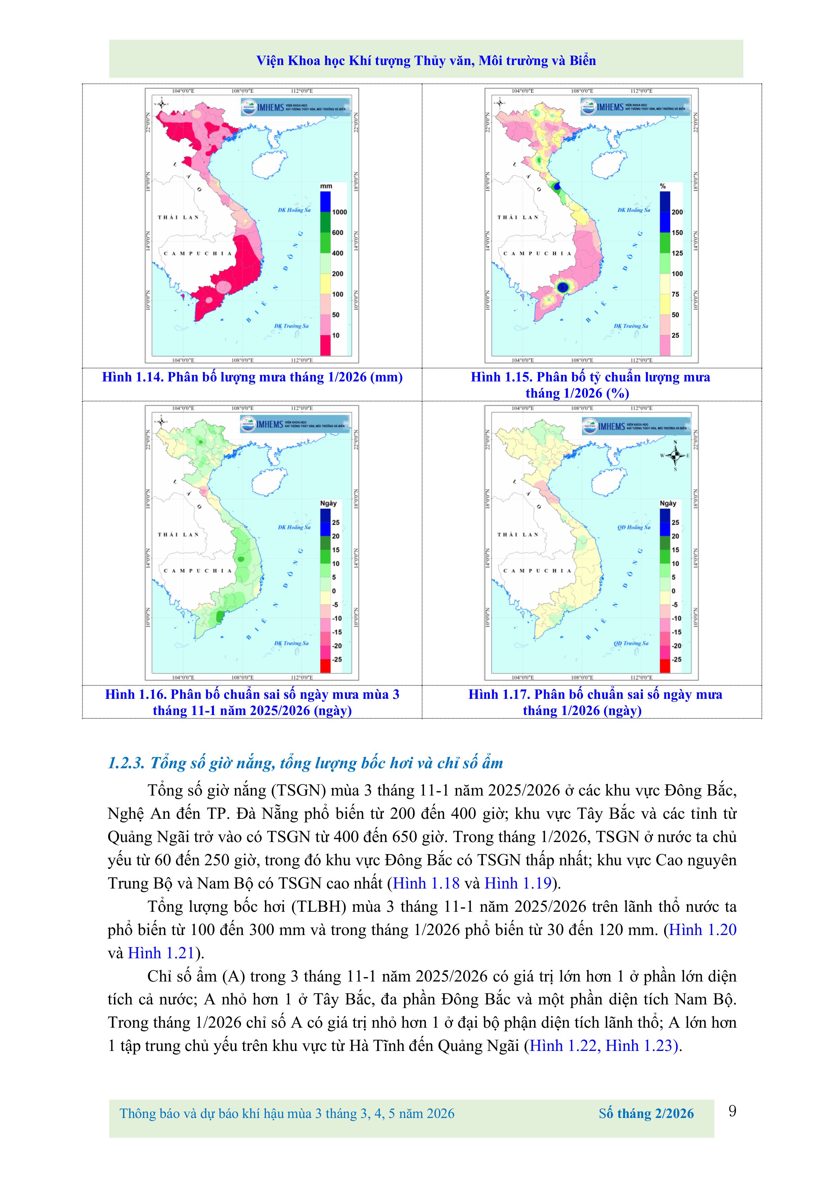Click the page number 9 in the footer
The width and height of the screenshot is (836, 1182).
point(732,1112)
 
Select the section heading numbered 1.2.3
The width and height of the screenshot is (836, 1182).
point(305,763)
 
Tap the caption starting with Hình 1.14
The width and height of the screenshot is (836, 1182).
point(252,377)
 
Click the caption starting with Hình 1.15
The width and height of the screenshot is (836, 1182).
point(590,384)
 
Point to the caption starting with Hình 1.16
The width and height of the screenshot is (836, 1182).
point(252,702)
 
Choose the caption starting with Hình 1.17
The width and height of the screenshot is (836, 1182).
point(595,702)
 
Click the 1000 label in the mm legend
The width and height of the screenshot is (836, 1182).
point(339,212)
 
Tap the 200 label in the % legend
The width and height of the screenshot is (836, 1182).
point(677,212)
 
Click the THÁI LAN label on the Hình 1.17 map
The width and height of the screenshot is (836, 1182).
point(518,534)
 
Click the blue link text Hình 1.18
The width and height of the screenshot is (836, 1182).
point(426,883)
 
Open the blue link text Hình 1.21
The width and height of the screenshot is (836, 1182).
point(161,953)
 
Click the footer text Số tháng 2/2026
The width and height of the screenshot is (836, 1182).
point(646,1114)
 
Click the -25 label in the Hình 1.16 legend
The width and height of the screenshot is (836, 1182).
point(337,659)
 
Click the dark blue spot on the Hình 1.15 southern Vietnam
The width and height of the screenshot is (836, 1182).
point(563,286)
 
